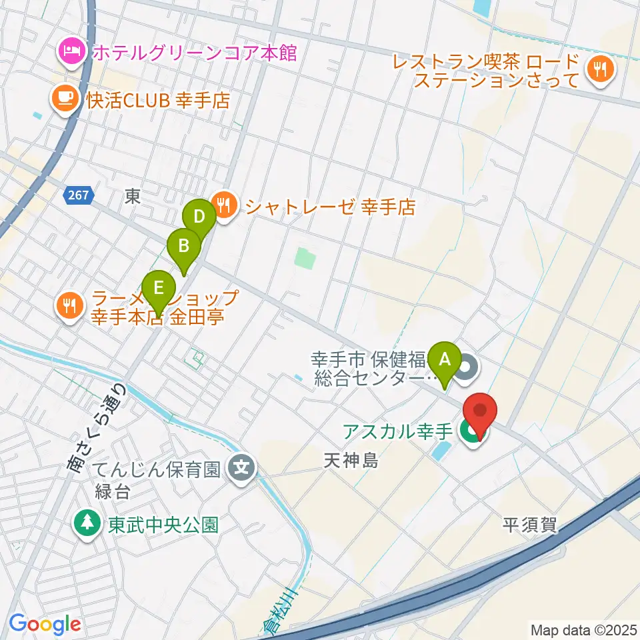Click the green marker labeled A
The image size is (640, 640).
444,361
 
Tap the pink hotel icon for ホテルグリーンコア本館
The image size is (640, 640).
70,51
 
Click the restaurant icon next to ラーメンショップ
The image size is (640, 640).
69,306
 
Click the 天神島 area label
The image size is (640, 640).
351,460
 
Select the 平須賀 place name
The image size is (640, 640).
530,525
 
